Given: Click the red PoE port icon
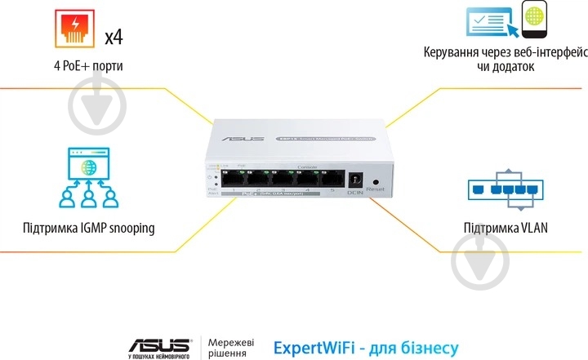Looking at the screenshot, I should pos(77,29).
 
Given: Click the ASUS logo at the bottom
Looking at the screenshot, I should pos(159,344).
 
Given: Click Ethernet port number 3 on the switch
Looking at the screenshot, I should pos(283,180).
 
